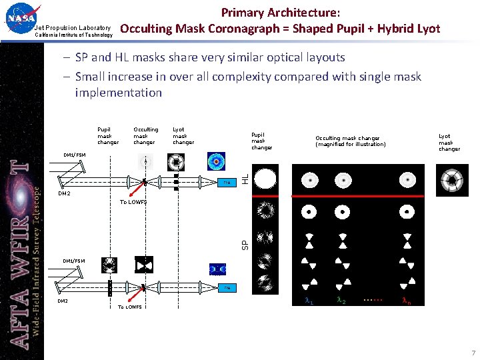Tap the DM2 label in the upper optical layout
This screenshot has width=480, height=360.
pyautogui.click(x=64, y=194)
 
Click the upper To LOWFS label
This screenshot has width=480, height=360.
pyautogui.click(x=133, y=201)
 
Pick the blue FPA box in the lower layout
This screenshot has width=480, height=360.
pyautogui.click(x=227, y=288)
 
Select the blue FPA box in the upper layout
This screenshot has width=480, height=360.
pyautogui.click(x=227, y=181)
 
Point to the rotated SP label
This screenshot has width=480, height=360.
pyautogui.click(x=245, y=245)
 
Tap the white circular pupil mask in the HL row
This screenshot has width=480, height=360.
pyautogui.click(x=265, y=179)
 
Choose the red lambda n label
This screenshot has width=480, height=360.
pyautogui.click(x=406, y=301)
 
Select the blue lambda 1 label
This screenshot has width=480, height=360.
pyautogui.click(x=309, y=301)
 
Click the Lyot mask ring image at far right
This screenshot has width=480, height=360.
pyautogui.click(x=451, y=179)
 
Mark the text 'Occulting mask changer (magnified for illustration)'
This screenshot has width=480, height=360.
pyautogui.click(x=350, y=141)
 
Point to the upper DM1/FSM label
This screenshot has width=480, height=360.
pyautogui.click(x=74, y=155)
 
